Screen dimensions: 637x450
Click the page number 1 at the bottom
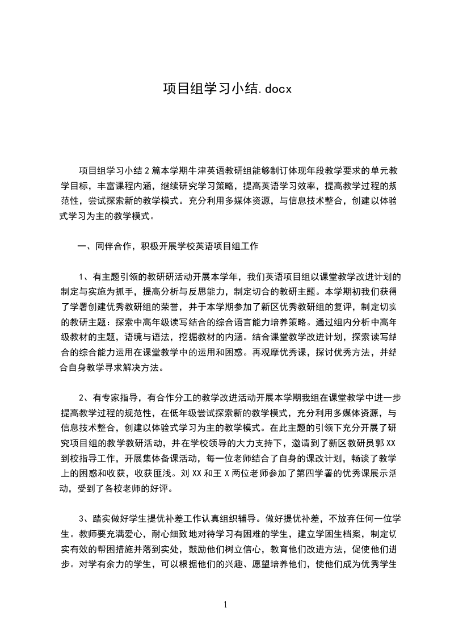pyautogui.click(x=225, y=605)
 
